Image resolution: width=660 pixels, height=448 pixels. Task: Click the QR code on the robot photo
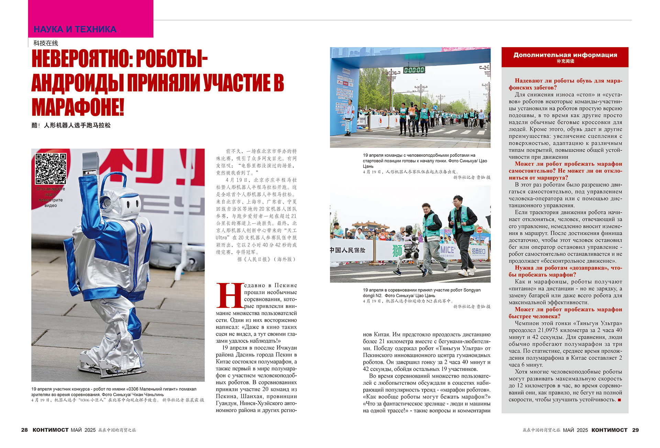pyautogui.click(x=51, y=168)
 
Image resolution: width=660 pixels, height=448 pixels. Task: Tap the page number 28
pyautogui.click(x=24, y=430)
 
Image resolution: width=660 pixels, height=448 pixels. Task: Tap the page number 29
pyautogui.click(x=635, y=430)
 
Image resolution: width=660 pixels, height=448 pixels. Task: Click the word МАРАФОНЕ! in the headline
pyautogui.click(x=78, y=107)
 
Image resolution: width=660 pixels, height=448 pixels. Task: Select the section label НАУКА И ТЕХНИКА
pyautogui.click(x=75, y=29)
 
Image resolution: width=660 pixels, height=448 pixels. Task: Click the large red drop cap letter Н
pyautogui.click(x=229, y=296)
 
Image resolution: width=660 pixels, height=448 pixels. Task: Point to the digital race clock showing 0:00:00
pyautogui.click(x=414, y=70)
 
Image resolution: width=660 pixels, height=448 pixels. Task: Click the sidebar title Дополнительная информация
pyautogui.click(x=565, y=55)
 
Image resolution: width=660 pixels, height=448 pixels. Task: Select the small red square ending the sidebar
pyautogui.click(x=619, y=400)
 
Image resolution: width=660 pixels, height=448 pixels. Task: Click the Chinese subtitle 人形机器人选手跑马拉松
pyautogui.click(x=77, y=125)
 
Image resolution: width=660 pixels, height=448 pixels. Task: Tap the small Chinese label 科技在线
pyautogui.click(x=46, y=43)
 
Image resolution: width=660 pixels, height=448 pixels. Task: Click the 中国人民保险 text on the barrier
pyautogui.click(x=348, y=250)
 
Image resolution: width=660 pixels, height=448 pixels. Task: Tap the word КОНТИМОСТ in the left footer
pyautogui.click(x=51, y=430)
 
